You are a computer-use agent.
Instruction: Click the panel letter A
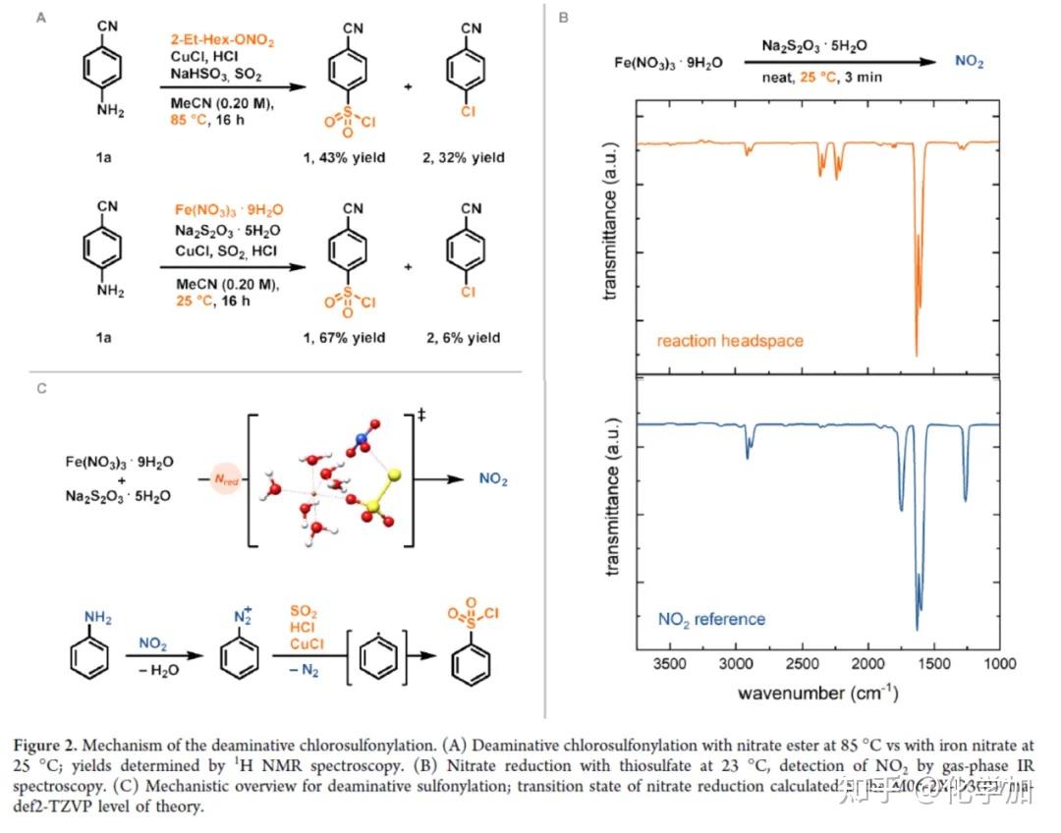pos(40,17)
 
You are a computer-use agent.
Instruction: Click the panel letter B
pos(563,18)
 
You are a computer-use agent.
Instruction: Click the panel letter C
pos(41,388)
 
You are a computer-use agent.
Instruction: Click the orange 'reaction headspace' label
pos(730,341)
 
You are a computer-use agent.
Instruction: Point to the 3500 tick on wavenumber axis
pos(670,664)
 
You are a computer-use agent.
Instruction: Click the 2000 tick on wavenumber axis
pos(868,664)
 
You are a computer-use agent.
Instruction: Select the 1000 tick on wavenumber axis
pos(999,664)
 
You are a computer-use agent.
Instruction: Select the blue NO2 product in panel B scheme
pos(971,61)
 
